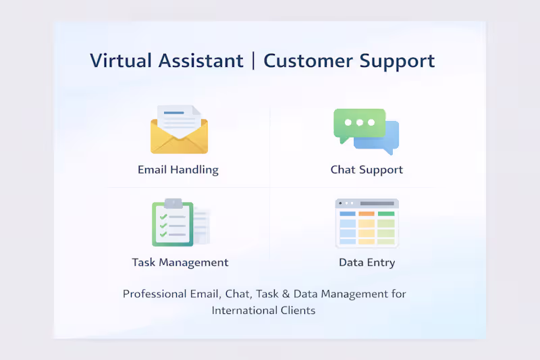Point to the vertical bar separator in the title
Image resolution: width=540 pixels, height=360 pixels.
(254, 60)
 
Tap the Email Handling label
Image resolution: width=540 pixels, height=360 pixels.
(178, 170)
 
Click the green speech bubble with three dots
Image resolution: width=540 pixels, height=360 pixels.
(358, 123)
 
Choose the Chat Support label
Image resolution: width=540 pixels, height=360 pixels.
(367, 170)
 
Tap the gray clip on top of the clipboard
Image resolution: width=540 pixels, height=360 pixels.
(173, 203)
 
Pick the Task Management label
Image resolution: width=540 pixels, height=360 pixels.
(180, 262)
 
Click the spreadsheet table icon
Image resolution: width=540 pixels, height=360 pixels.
(367, 223)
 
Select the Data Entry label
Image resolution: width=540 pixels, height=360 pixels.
(367, 262)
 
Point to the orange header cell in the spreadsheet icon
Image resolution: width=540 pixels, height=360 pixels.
(367, 213)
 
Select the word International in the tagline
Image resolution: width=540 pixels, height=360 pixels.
(241, 311)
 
